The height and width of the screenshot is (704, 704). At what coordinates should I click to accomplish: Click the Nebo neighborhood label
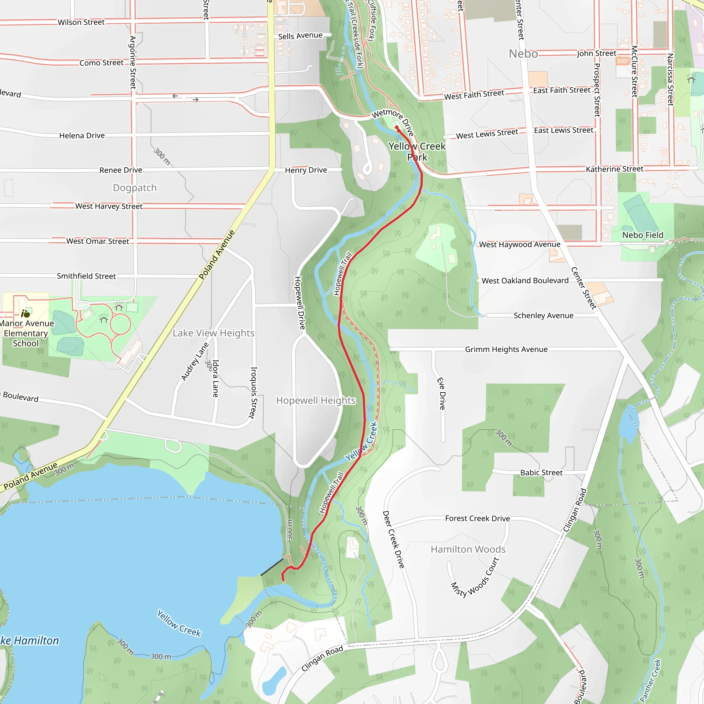coord(523,54)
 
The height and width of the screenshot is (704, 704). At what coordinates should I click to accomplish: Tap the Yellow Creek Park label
coord(417,152)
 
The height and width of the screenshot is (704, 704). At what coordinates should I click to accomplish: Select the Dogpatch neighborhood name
coord(134,188)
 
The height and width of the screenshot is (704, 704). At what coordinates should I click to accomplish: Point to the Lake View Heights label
coord(213,333)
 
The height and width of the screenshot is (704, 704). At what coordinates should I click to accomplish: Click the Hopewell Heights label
coord(316,400)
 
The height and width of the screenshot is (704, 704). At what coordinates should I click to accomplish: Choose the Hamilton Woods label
coord(468,549)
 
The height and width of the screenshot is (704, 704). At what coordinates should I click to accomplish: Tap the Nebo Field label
coord(643,235)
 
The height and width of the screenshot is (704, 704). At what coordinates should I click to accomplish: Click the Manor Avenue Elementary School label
coord(26,333)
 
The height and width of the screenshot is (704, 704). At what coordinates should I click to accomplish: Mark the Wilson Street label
coord(81,22)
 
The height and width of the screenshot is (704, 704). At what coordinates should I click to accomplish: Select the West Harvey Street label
coord(109,206)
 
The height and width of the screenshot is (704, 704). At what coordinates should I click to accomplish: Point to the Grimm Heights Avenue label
coord(506,350)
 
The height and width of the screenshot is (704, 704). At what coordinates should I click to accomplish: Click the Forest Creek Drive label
coord(477,518)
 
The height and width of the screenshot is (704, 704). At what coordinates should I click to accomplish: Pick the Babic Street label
coord(541,473)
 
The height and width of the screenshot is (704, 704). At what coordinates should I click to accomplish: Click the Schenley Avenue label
coord(543,316)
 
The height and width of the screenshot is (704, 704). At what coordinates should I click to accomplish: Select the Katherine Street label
coord(614,169)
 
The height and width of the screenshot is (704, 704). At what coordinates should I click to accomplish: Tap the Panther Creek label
coord(651,680)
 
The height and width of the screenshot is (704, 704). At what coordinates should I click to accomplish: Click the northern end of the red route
coord(396,127)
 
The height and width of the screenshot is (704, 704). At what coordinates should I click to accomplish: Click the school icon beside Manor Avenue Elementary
coord(25,313)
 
